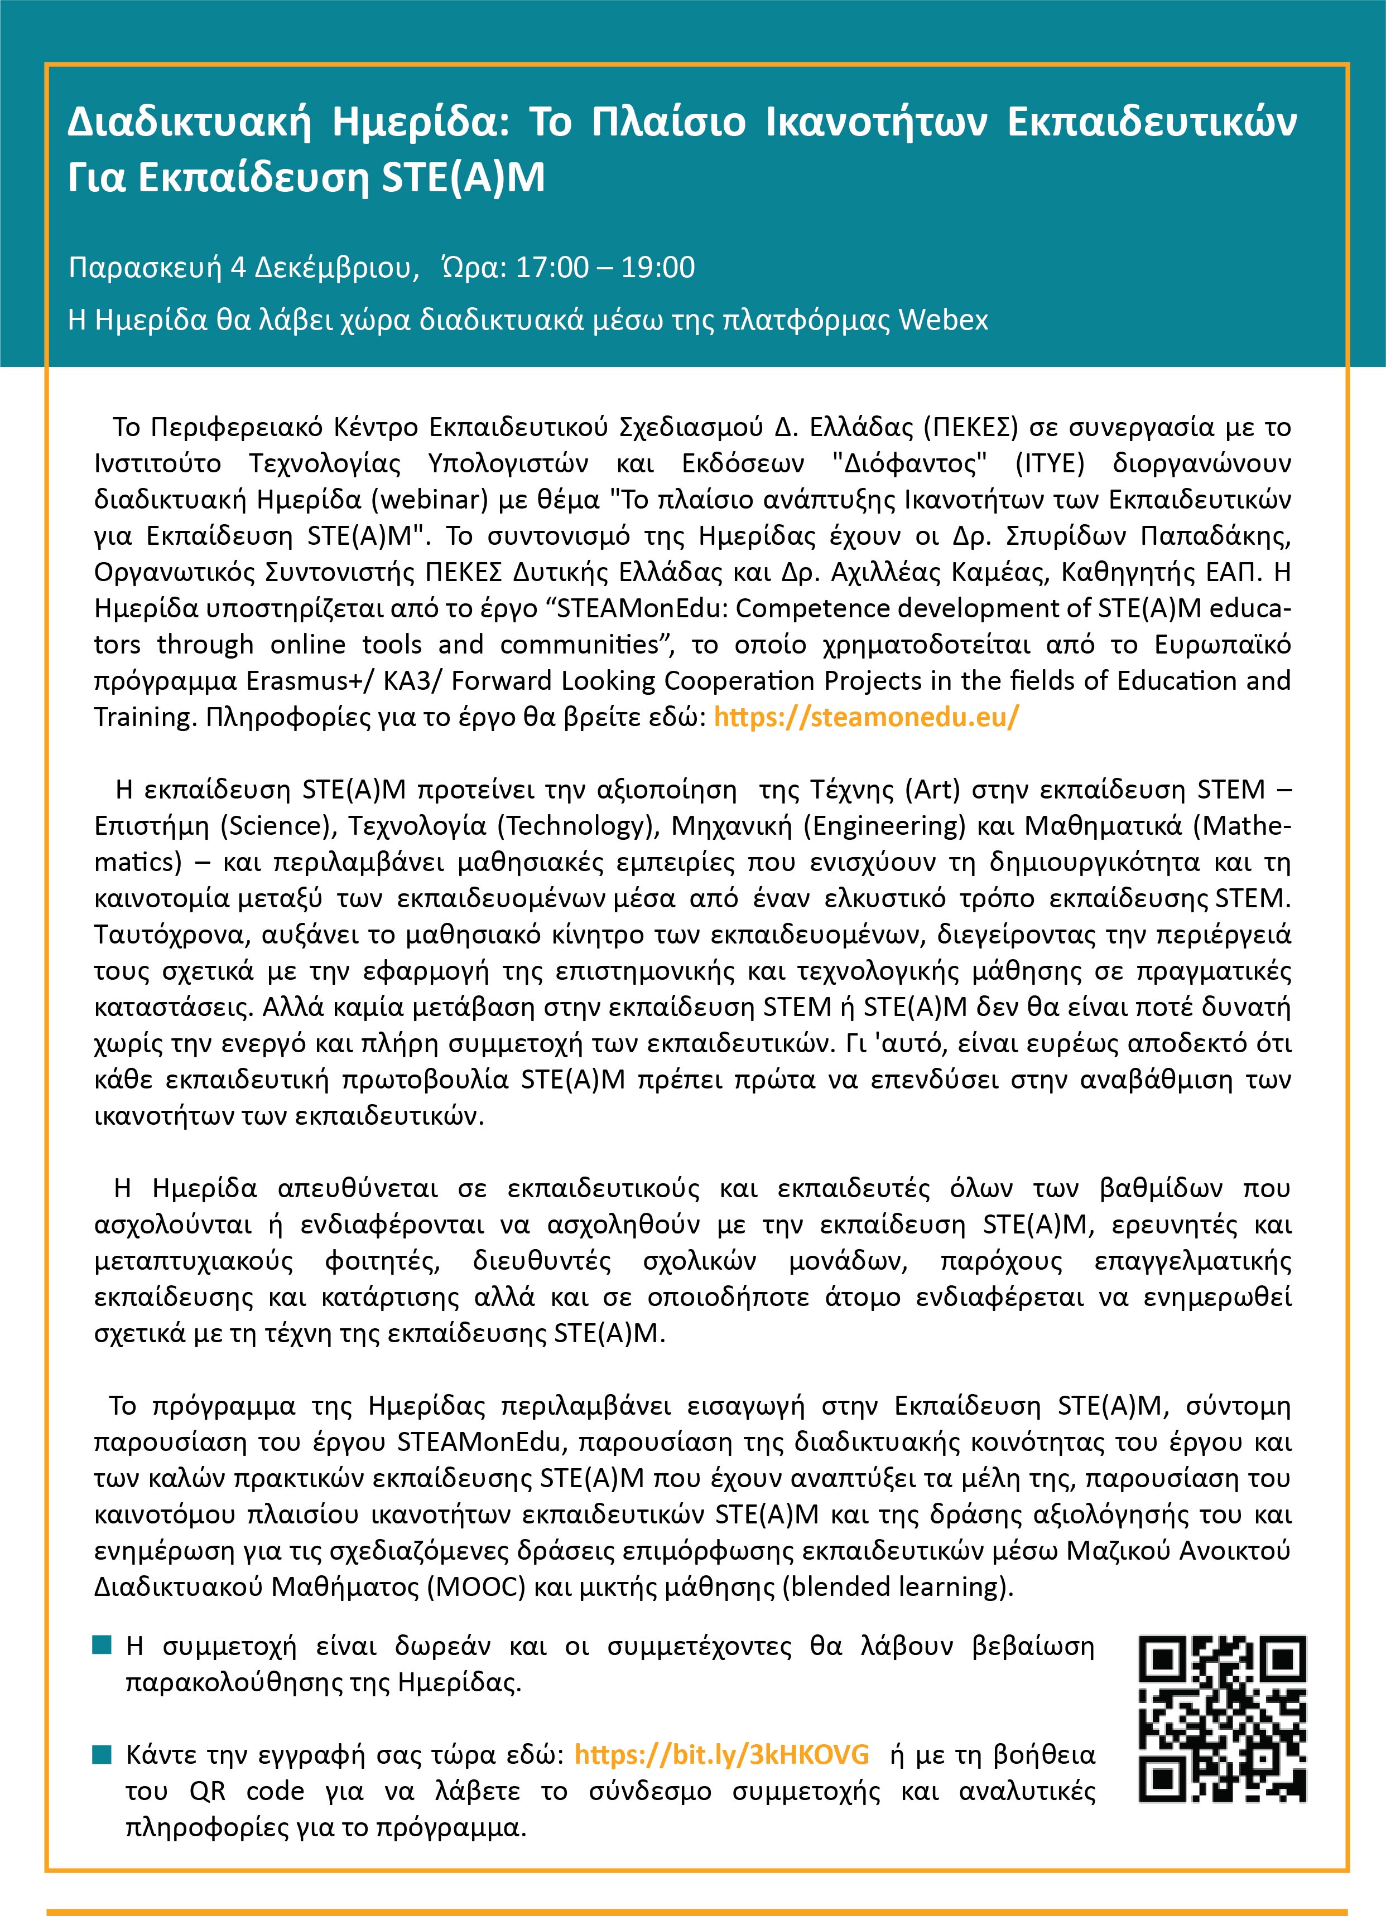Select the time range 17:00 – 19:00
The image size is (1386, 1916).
(x=604, y=268)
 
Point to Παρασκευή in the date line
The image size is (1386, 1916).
(x=148, y=268)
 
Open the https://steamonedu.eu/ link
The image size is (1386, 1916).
(x=866, y=717)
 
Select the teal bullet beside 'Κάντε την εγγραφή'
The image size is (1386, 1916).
(x=102, y=1755)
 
